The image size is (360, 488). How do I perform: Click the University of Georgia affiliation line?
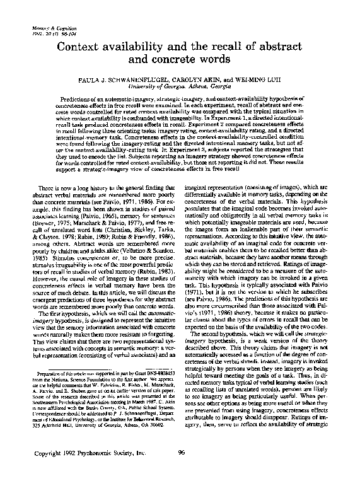point(180,88)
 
